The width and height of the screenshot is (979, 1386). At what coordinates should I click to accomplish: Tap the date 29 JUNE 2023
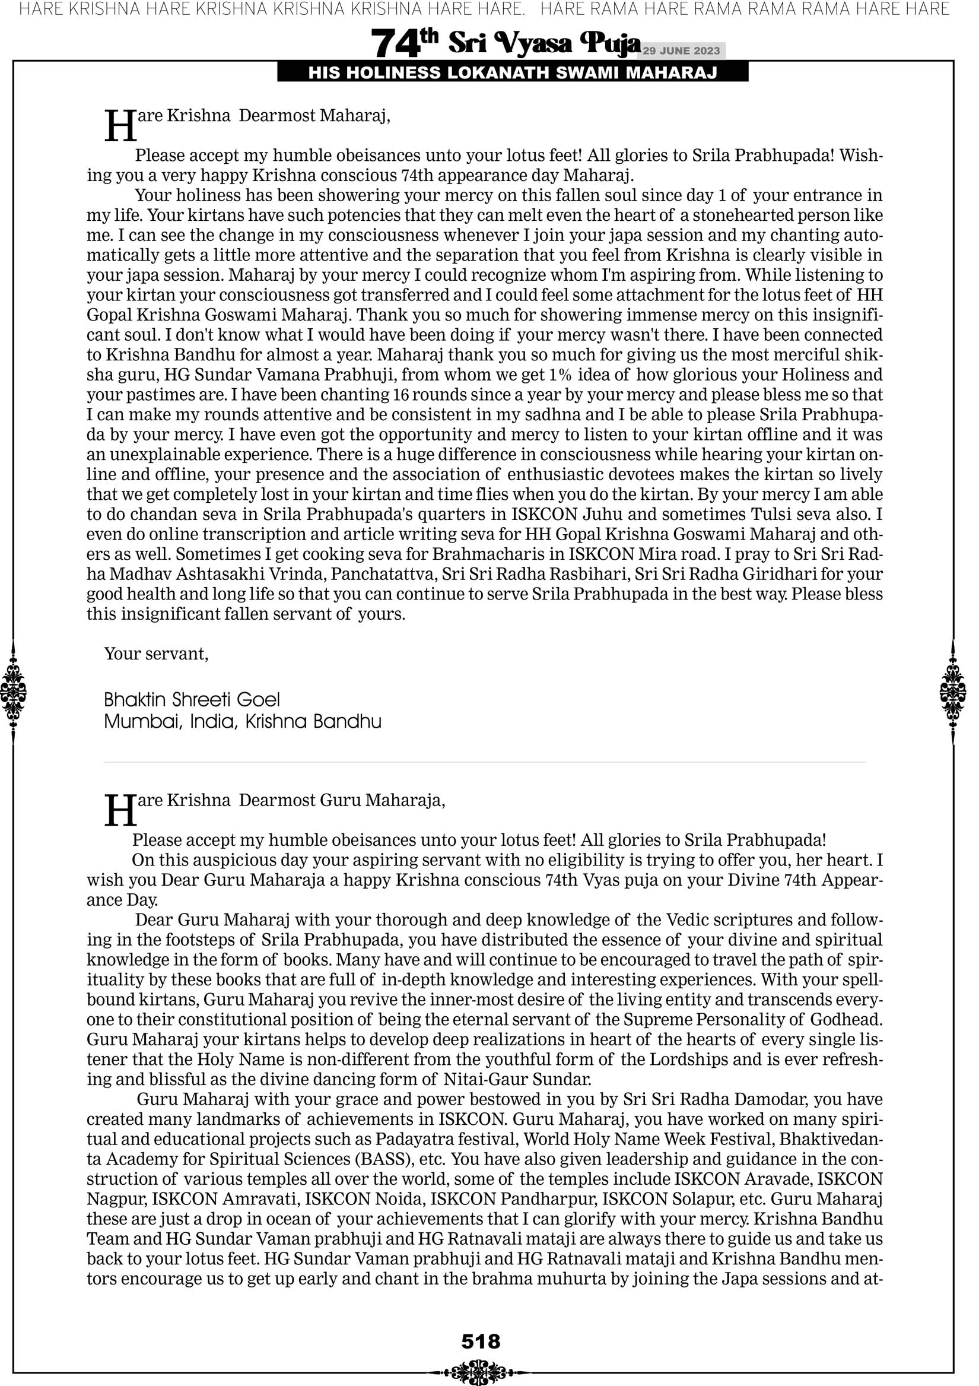[x=681, y=50]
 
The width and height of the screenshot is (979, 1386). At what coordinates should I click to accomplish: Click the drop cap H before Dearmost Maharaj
[x=120, y=126]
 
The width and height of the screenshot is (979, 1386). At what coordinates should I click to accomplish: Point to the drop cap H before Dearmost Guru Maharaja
[x=120, y=810]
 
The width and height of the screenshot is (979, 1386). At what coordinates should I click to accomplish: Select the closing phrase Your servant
[x=155, y=654]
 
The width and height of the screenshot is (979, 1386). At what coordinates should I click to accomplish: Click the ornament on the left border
[x=13, y=692]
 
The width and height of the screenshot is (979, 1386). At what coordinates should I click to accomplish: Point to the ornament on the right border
[x=953, y=692]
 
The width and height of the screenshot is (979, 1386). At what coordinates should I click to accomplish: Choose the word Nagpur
[x=115, y=1199]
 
